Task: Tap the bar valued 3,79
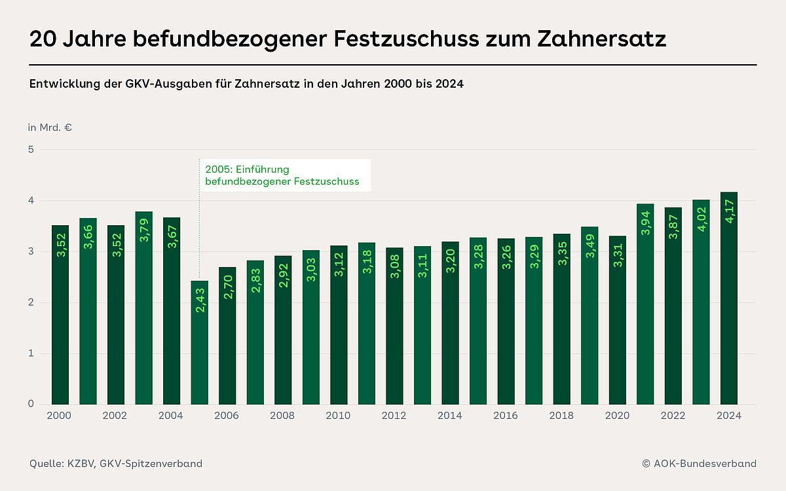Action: point(144,308)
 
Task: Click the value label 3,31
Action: point(618,251)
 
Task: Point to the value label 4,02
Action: point(702,219)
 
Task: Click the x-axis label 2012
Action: point(394,416)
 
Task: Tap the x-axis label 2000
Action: point(60,416)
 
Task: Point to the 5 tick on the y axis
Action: point(31,149)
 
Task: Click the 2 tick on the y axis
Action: point(31,302)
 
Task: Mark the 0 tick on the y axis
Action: point(31,404)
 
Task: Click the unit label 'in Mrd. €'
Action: point(50,128)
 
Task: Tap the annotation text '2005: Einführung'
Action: point(247,170)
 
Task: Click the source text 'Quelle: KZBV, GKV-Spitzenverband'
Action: point(116,464)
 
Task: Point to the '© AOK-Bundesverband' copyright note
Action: point(699,464)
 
